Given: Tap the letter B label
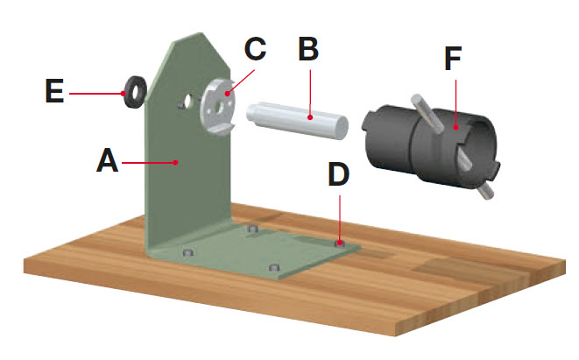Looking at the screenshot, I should pos(307,50).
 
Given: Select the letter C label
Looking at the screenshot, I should pos(254,49).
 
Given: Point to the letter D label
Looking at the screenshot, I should pos(339,174).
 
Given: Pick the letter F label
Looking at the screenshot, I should pos(452,60).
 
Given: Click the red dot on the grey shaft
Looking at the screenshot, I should pos(311,114).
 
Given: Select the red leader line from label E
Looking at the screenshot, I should pos(96,90).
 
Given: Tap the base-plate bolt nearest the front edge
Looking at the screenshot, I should pos(276,267).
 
